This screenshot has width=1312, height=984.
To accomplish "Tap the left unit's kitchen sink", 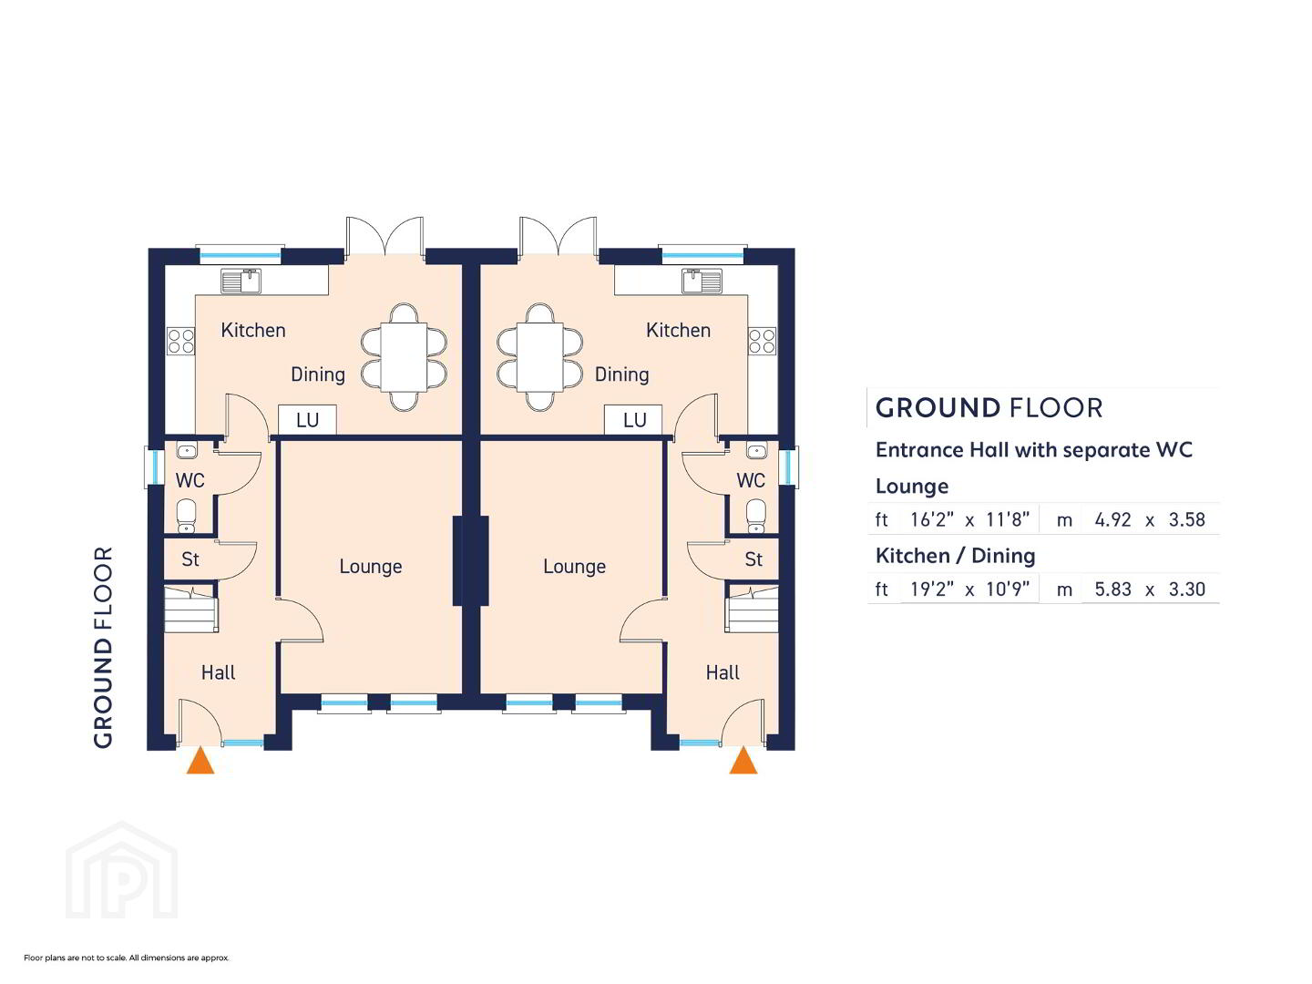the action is pos(241,281).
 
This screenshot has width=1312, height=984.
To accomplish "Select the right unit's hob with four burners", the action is pos(762,341).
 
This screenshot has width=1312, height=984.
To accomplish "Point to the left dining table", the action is pos(404,356).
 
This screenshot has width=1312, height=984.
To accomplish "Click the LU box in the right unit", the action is pos(633,420).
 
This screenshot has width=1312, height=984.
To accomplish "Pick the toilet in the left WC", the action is pos(187,515).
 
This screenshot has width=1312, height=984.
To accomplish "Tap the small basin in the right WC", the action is pos(757,450).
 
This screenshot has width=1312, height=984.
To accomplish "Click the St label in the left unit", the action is pos(190,559).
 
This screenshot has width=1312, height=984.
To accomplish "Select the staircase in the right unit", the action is pos(753,610).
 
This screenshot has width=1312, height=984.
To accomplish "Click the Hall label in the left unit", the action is pos(218,672).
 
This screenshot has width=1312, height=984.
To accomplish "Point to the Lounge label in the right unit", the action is pos(574,567).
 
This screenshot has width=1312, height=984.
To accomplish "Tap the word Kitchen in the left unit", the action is pos(253,330).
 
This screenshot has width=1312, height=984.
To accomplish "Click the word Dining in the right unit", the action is pos(621,374).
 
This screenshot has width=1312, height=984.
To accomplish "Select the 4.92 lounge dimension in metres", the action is pos(1112,519).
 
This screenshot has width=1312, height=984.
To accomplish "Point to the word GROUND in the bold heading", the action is pos(938,409).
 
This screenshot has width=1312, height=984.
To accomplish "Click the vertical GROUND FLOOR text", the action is pos(103,647).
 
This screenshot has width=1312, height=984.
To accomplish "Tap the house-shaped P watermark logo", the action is pos(122,870).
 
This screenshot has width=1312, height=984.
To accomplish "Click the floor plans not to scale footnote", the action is pos(126,958).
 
